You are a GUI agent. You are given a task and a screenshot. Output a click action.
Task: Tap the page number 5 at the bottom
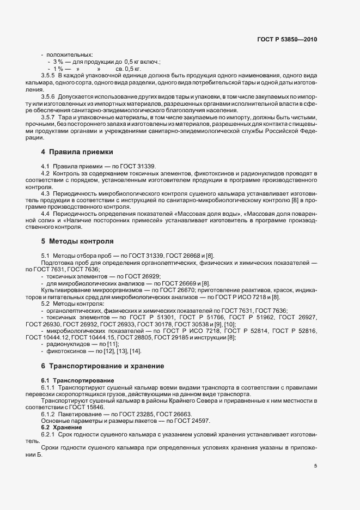tap(315, 466)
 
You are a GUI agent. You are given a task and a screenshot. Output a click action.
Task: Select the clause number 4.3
tap(46, 194)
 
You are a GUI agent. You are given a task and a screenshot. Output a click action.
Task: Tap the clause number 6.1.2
tap(49, 414)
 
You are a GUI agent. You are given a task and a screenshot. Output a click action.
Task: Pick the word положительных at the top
tap(70, 54)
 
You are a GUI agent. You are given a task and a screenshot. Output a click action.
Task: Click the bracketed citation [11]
tap(106, 345)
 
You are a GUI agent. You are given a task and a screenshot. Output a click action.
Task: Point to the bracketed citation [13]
tap(118, 352)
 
